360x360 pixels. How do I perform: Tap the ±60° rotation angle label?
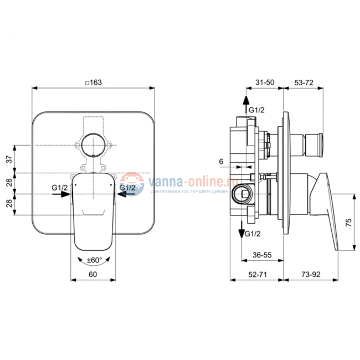click(94, 259)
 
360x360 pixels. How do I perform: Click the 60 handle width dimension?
click(92, 274)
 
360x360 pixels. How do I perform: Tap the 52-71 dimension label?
click(258, 274)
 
